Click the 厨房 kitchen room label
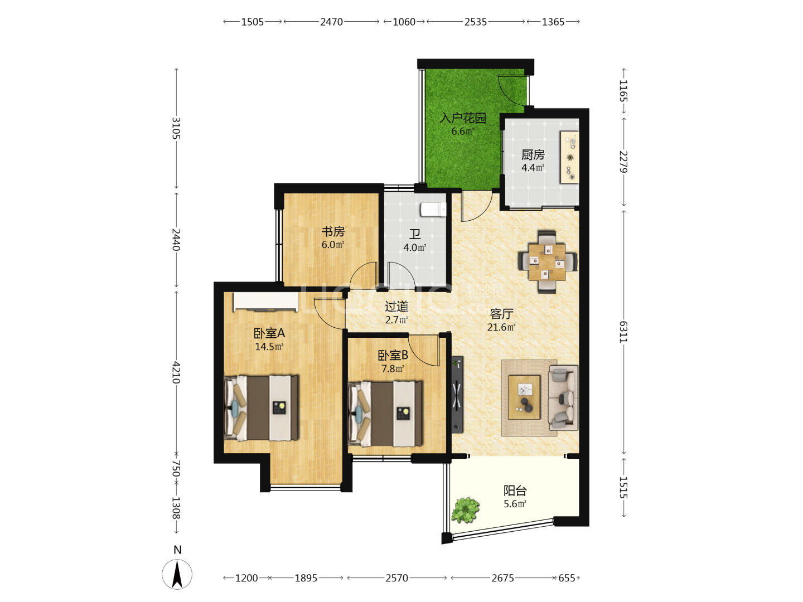click(x=533, y=154)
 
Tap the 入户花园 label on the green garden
click(x=463, y=118)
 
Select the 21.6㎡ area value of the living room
click(x=501, y=327)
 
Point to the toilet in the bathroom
click(x=433, y=210)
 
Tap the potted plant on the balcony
click(x=465, y=509)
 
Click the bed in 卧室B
click(x=385, y=414)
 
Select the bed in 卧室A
click(x=261, y=407)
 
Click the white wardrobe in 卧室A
click(x=266, y=302)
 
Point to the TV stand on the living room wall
click(x=457, y=395)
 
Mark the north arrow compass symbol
click(x=177, y=574)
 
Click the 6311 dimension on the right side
click(x=623, y=332)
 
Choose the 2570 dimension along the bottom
click(x=396, y=578)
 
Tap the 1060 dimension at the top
click(x=404, y=22)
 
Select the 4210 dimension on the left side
click(x=176, y=372)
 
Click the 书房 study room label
click(x=333, y=231)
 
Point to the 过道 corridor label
click(x=396, y=307)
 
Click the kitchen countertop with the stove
click(x=569, y=157)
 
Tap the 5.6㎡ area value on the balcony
click(x=515, y=504)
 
